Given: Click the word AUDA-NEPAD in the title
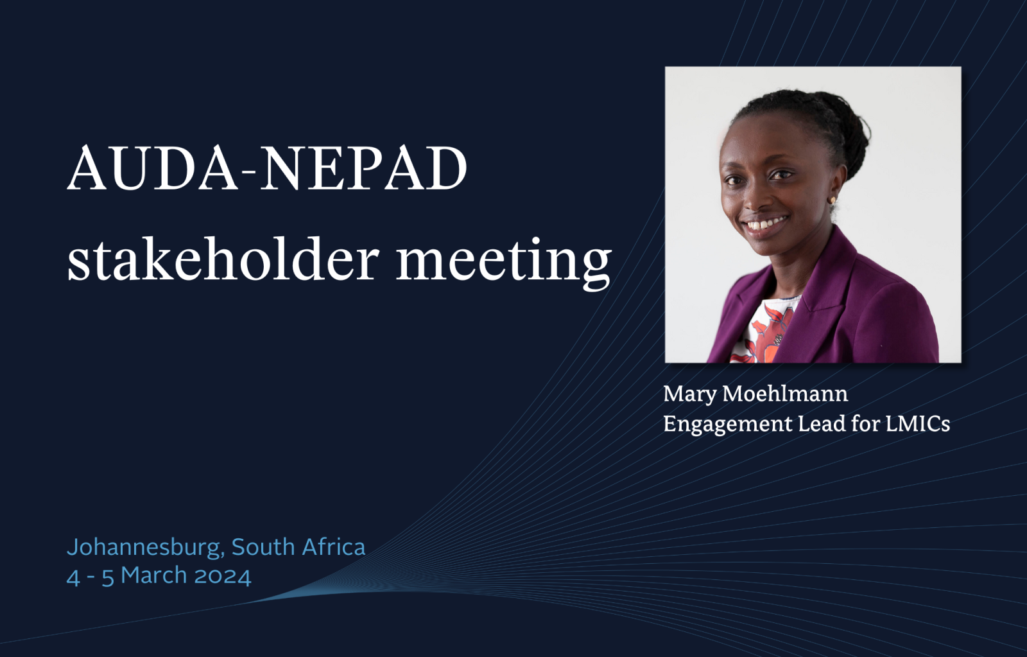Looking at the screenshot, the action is (x=267, y=168).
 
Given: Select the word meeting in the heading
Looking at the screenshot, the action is (x=505, y=263).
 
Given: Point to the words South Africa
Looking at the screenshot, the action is (x=298, y=547).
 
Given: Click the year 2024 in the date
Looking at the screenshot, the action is (x=223, y=575).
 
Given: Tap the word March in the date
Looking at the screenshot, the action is (x=154, y=575).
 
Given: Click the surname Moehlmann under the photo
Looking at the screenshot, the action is (x=786, y=394).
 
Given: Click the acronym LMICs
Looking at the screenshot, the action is (x=917, y=424).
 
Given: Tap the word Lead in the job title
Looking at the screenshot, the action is (x=822, y=423).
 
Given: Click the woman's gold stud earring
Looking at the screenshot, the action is (x=832, y=200).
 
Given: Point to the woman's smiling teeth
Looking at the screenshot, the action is (x=766, y=224).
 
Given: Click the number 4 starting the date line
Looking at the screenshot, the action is (x=73, y=577).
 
